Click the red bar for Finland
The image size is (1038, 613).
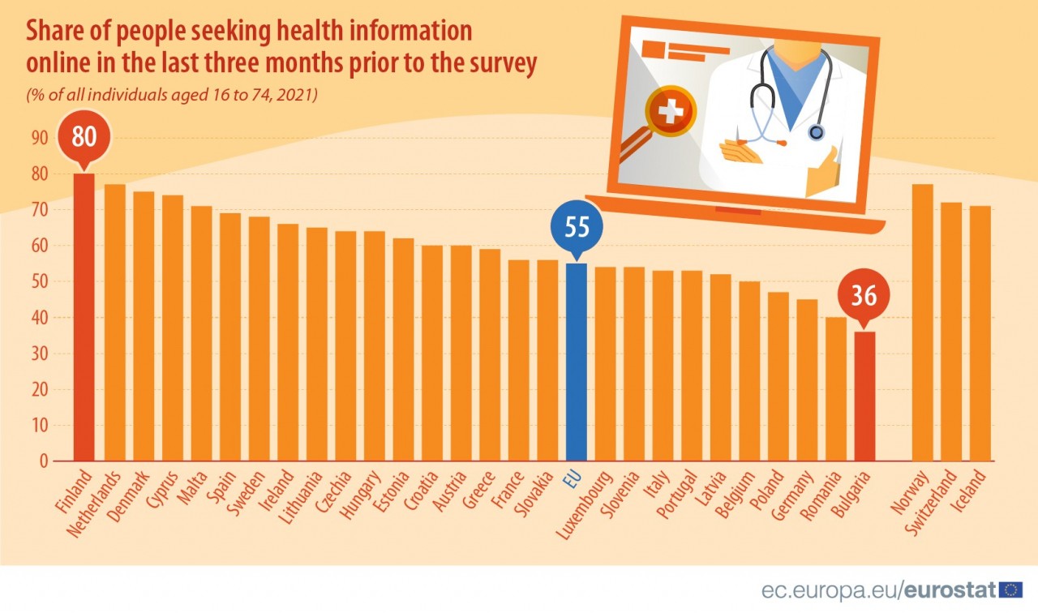click(x=84, y=317)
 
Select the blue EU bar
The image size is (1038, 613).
click(x=577, y=362)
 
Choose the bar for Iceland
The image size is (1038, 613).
click(x=980, y=333)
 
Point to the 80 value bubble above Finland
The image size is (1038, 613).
click(x=84, y=136)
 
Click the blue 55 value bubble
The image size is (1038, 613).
click(x=577, y=227)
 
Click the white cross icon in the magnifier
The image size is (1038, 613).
click(x=671, y=112)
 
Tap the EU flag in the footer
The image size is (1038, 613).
click(x=1011, y=589)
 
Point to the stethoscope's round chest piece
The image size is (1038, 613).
click(x=817, y=131)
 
